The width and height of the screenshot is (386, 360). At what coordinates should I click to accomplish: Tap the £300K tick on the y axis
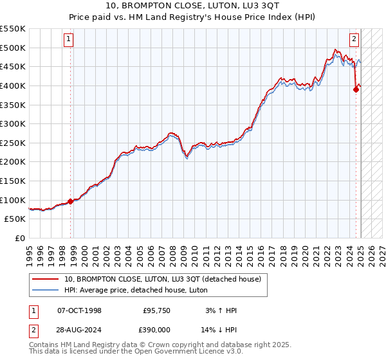click(x=14, y=123)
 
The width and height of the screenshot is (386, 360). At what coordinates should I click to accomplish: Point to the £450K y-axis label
click(x=14, y=66)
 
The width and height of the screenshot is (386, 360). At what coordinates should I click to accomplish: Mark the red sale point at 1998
click(x=71, y=201)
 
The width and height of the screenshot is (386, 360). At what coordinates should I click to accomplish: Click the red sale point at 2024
click(x=356, y=90)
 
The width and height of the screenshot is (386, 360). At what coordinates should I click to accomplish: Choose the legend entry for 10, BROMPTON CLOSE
click(x=162, y=279)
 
